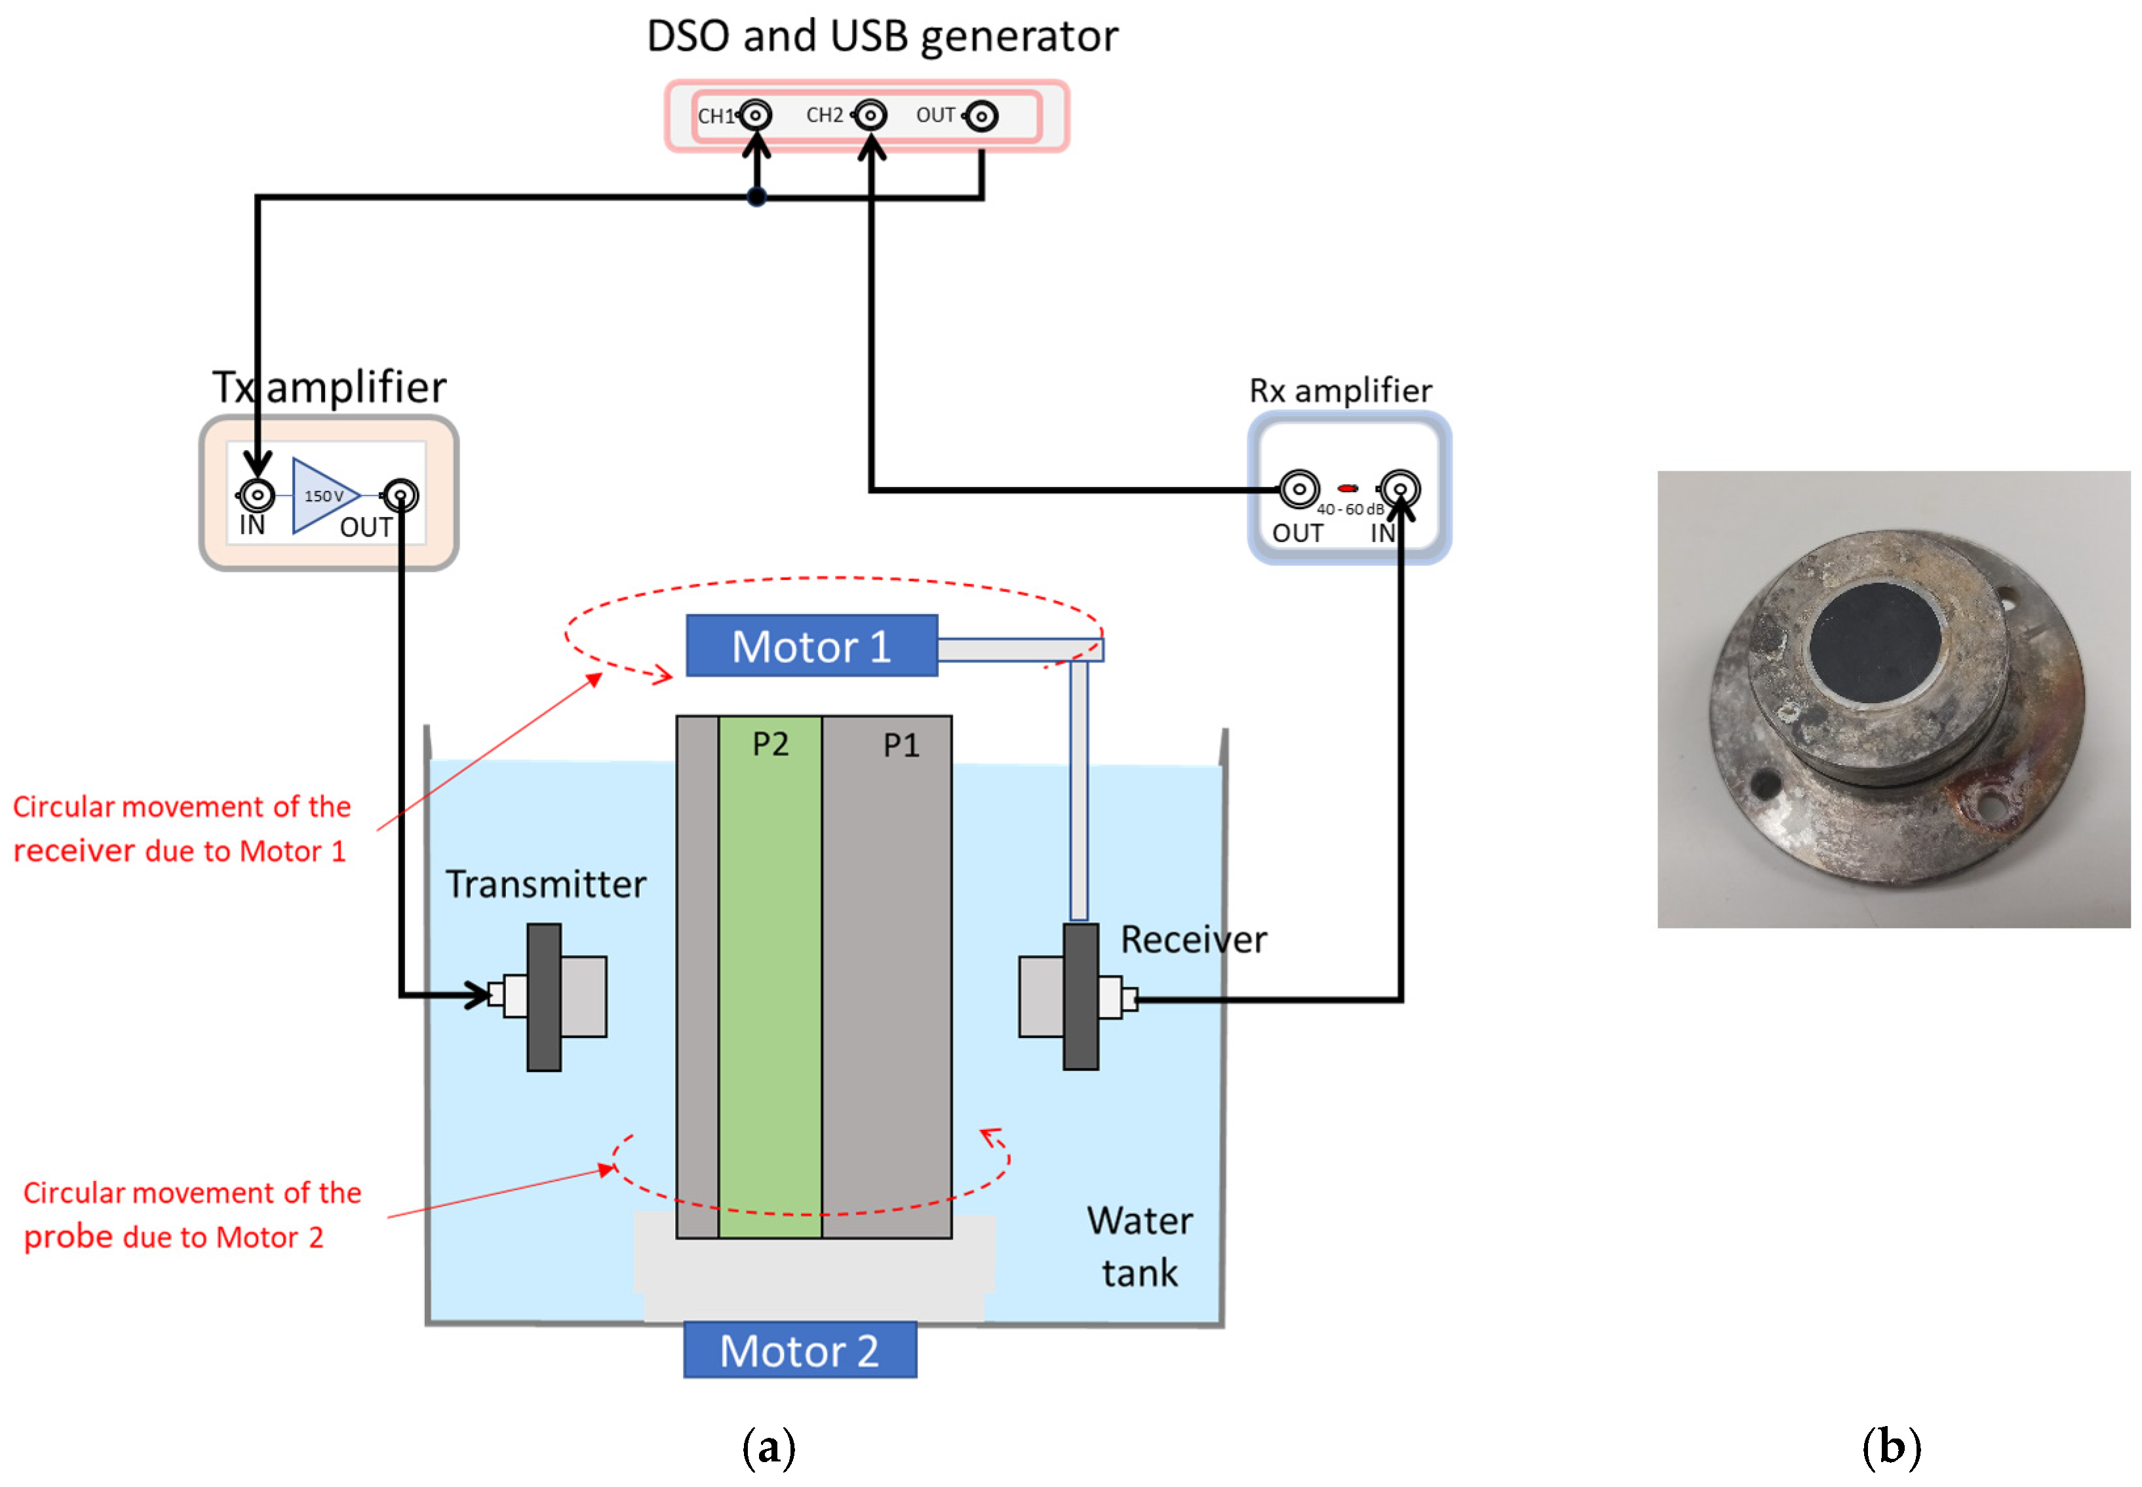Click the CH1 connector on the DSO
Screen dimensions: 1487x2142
point(756,115)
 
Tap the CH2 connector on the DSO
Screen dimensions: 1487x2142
point(870,115)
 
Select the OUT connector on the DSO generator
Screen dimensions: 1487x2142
point(981,117)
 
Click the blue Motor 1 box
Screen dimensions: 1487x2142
point(811,646)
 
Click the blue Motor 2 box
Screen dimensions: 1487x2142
point(800,1349)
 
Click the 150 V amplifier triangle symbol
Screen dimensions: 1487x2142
point(321,495)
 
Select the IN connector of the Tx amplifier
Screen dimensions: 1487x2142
point(256,495)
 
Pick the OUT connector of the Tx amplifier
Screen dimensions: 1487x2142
point(400,495)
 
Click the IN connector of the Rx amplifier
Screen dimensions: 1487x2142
point(1399,488)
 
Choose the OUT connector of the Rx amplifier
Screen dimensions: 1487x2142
point(1298,488)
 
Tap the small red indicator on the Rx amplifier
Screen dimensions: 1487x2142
point(1346,488)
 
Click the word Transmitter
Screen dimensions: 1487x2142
point(545,883)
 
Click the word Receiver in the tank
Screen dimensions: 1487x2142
point(1193,939)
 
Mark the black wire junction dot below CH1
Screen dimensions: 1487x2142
point(756,197)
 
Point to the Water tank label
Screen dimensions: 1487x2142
point(1139,1246)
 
